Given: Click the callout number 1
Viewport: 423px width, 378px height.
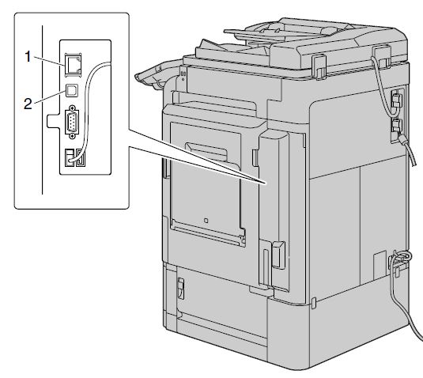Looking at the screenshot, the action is coord(28,57).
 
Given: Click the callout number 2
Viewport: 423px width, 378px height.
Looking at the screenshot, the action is coord(28,104).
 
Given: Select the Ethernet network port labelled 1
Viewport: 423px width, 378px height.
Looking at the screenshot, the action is coord(74,65).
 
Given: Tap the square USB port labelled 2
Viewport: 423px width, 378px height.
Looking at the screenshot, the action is coord(72,91).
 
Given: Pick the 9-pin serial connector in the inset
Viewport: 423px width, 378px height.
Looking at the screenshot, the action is coord(72,123).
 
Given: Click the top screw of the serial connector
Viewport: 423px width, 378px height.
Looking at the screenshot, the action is coord(72,108).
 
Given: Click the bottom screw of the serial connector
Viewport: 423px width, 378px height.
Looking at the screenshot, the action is coord(72,136).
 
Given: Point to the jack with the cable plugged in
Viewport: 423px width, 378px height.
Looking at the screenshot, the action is coord(70,158).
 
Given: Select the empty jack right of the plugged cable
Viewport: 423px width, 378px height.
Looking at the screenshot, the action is coord(81,158).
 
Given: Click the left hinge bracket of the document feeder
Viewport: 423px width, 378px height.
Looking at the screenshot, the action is coord(319,67).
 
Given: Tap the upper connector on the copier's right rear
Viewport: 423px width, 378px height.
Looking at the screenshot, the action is coord(397,99).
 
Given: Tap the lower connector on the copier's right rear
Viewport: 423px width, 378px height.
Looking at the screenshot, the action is coord(397,127).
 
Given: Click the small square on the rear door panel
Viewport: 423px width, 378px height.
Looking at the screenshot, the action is coord(206,221).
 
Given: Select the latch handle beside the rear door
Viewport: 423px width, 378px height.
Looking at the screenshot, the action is coord(278,255).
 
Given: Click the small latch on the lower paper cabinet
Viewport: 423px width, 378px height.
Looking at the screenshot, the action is coord(181,289).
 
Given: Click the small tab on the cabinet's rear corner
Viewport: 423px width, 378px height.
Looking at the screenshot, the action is coord(313,303).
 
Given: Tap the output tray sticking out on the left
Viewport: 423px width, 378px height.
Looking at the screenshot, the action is coord(155,77).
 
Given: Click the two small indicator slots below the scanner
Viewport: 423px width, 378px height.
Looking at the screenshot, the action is coord(183,74).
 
